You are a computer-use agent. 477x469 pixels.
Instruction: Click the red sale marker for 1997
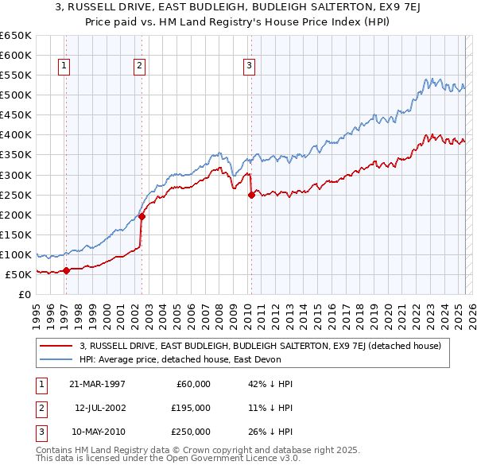click(x=67, y=270)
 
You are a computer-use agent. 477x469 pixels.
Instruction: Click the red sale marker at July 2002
click(x=142, y=216)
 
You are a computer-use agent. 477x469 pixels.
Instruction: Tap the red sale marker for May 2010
click(x=251, y=194)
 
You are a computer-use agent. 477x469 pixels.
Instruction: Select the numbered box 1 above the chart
click(x=64, y=66)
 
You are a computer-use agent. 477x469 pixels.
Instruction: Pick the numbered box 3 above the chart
click(x=249, y=66)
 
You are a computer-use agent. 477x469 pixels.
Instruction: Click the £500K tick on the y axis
click(x=16, y=95)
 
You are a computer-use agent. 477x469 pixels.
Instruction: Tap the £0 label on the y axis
click(x=24, y=294)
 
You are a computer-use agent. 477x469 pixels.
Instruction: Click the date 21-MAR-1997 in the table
click(x=97, y=384)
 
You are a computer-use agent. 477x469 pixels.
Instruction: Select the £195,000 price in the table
click(x=191, y=408)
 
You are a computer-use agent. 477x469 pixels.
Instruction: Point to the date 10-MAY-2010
click(x=97, y=432)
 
